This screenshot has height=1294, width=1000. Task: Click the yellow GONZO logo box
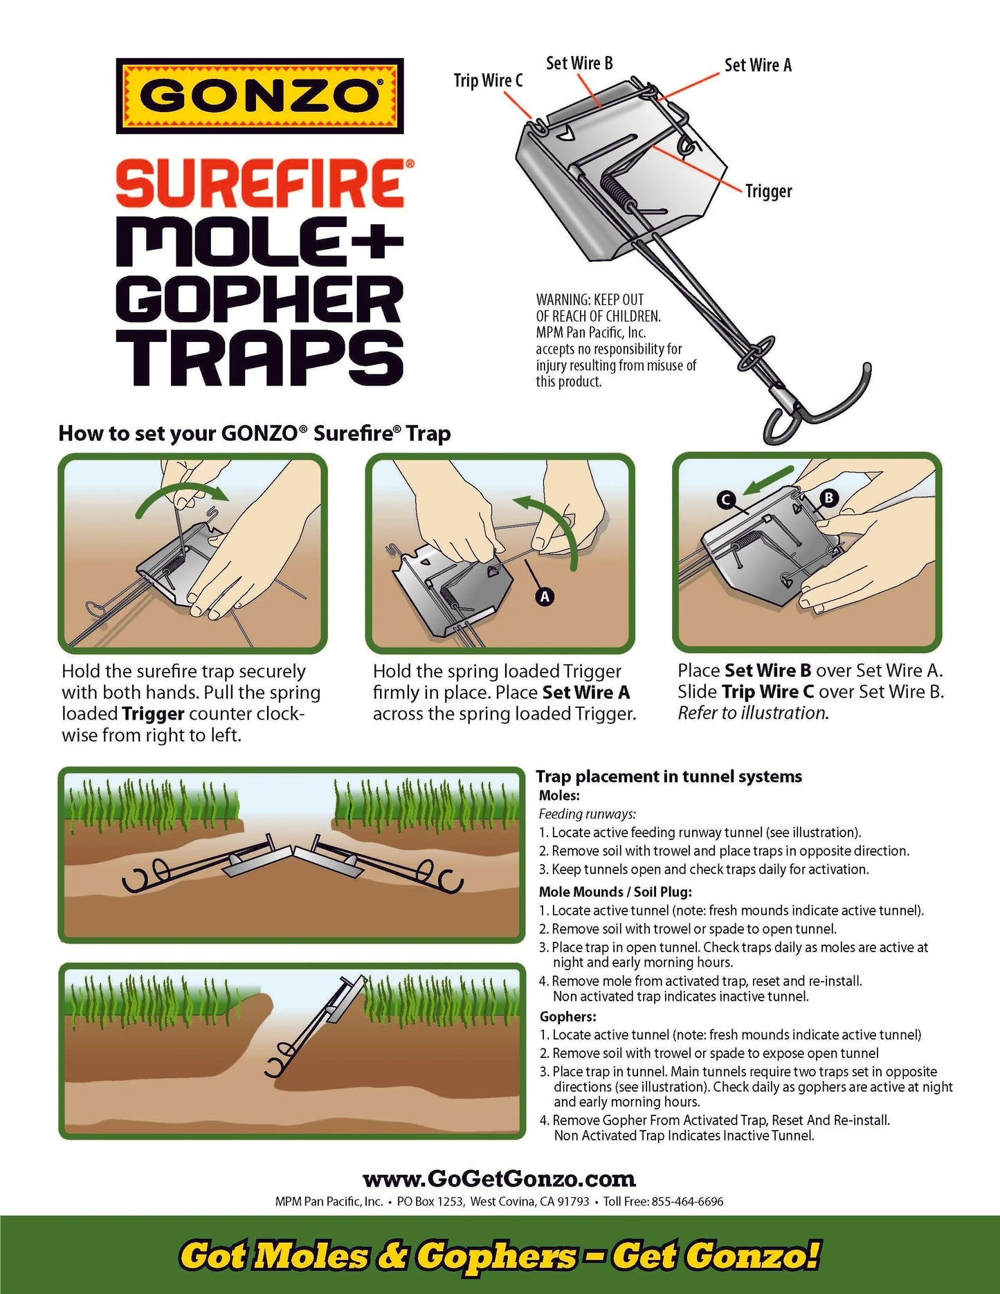(260, 96)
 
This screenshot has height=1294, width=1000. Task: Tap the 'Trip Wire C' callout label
(488, 81)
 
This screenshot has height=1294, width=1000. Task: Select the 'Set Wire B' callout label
(579, 64)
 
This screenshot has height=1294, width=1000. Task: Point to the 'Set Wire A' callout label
(758, 66)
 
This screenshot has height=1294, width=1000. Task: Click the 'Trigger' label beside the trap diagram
(768, 192)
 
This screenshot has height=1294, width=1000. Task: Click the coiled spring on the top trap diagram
(615, 187)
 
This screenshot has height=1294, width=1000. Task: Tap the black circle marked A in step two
(545, 596)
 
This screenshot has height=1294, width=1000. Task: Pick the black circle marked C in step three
(726, 500)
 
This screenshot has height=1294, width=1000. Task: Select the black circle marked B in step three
(828, 498)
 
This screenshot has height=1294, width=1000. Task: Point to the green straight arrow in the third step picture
(768, 481)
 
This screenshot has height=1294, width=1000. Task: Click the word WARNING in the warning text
(563, 300)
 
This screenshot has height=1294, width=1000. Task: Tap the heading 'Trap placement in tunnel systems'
(669, 776)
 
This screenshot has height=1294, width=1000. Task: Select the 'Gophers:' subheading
(567, 1017)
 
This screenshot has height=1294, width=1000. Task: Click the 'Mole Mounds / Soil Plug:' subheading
(615, 892)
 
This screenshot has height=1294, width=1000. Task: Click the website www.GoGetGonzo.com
(499, 1178)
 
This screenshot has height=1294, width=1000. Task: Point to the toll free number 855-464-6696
(687, 1201)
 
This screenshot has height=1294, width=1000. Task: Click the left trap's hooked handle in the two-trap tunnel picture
(143, 877)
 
